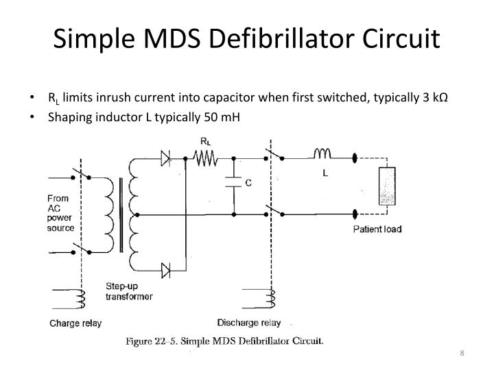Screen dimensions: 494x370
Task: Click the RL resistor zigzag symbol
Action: click(205, 158)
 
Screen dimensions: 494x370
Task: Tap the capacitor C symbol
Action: click(233, 182)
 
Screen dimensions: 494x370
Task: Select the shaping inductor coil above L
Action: click(322, 153)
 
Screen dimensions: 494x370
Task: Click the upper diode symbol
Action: click(165, 158)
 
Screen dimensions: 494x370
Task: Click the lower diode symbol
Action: click(166, 270)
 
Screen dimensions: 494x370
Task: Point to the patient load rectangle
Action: click(387, 186)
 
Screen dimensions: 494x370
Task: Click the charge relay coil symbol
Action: click(82, 299)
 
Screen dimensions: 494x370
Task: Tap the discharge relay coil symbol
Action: click(272, 299)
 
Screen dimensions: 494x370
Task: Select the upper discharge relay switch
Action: click(274, 155)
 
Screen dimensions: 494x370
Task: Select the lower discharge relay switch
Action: click(274, 211)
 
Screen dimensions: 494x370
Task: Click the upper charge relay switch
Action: click(81, 173)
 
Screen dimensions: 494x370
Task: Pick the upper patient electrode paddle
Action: click(355, 158)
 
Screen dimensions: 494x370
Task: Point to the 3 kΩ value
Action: click(435, 97)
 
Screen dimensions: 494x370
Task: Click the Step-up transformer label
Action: click(129, 291)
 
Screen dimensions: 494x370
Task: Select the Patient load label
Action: click(377, 229)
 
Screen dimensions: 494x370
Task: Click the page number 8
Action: click(462, 353)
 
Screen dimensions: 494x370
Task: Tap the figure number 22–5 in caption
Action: click(166, 341)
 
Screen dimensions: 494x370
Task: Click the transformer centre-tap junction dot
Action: click(137, 215)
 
